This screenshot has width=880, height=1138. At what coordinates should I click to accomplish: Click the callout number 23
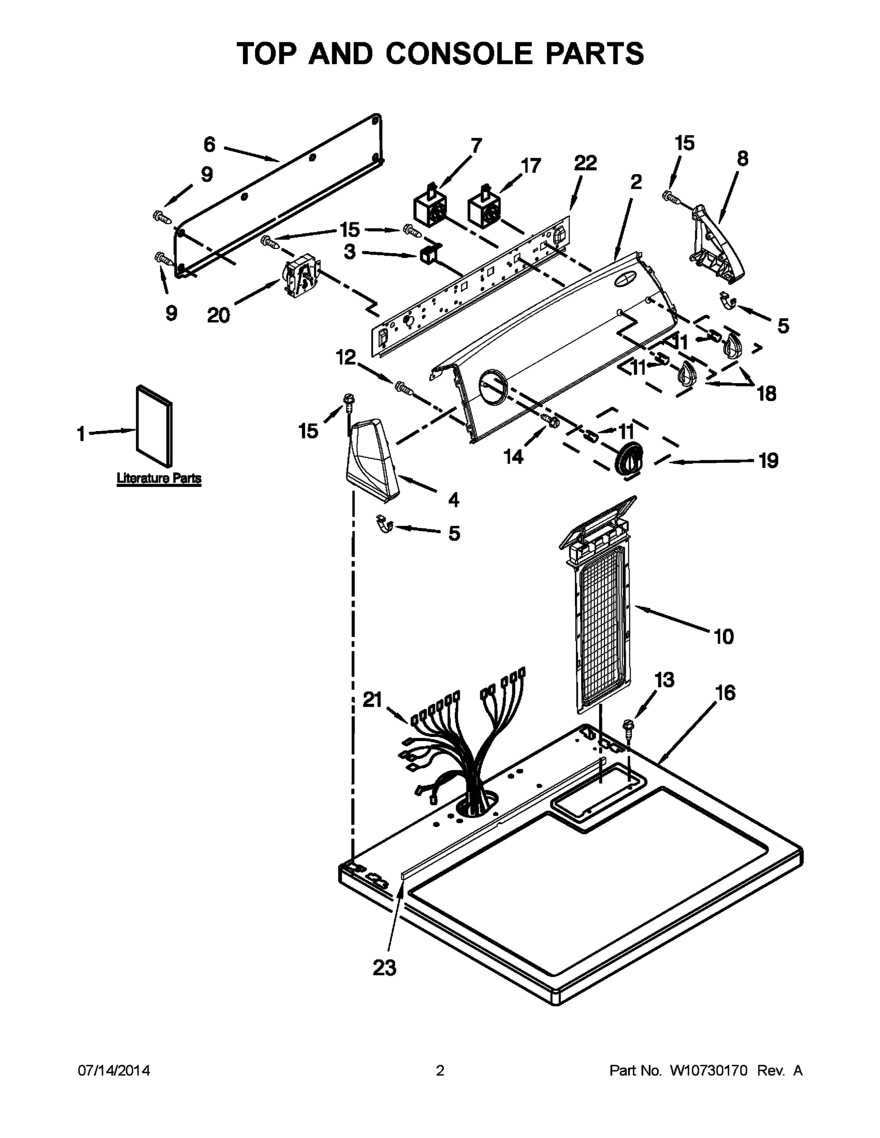tap(384, 968)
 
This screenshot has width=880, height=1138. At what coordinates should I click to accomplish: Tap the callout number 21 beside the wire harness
tap(372, 700)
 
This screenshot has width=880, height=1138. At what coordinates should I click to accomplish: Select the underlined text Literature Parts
tap(158, 478)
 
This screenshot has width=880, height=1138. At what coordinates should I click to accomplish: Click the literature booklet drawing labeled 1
tap(154, 426)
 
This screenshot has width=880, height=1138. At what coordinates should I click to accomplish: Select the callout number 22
tap(585, 164)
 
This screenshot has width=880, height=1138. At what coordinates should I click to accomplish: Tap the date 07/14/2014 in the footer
tap(114, 1070)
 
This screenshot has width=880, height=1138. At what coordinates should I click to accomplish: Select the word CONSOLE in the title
tap(459, 53)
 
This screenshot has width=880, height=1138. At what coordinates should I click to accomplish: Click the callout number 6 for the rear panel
tap(209, 144)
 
